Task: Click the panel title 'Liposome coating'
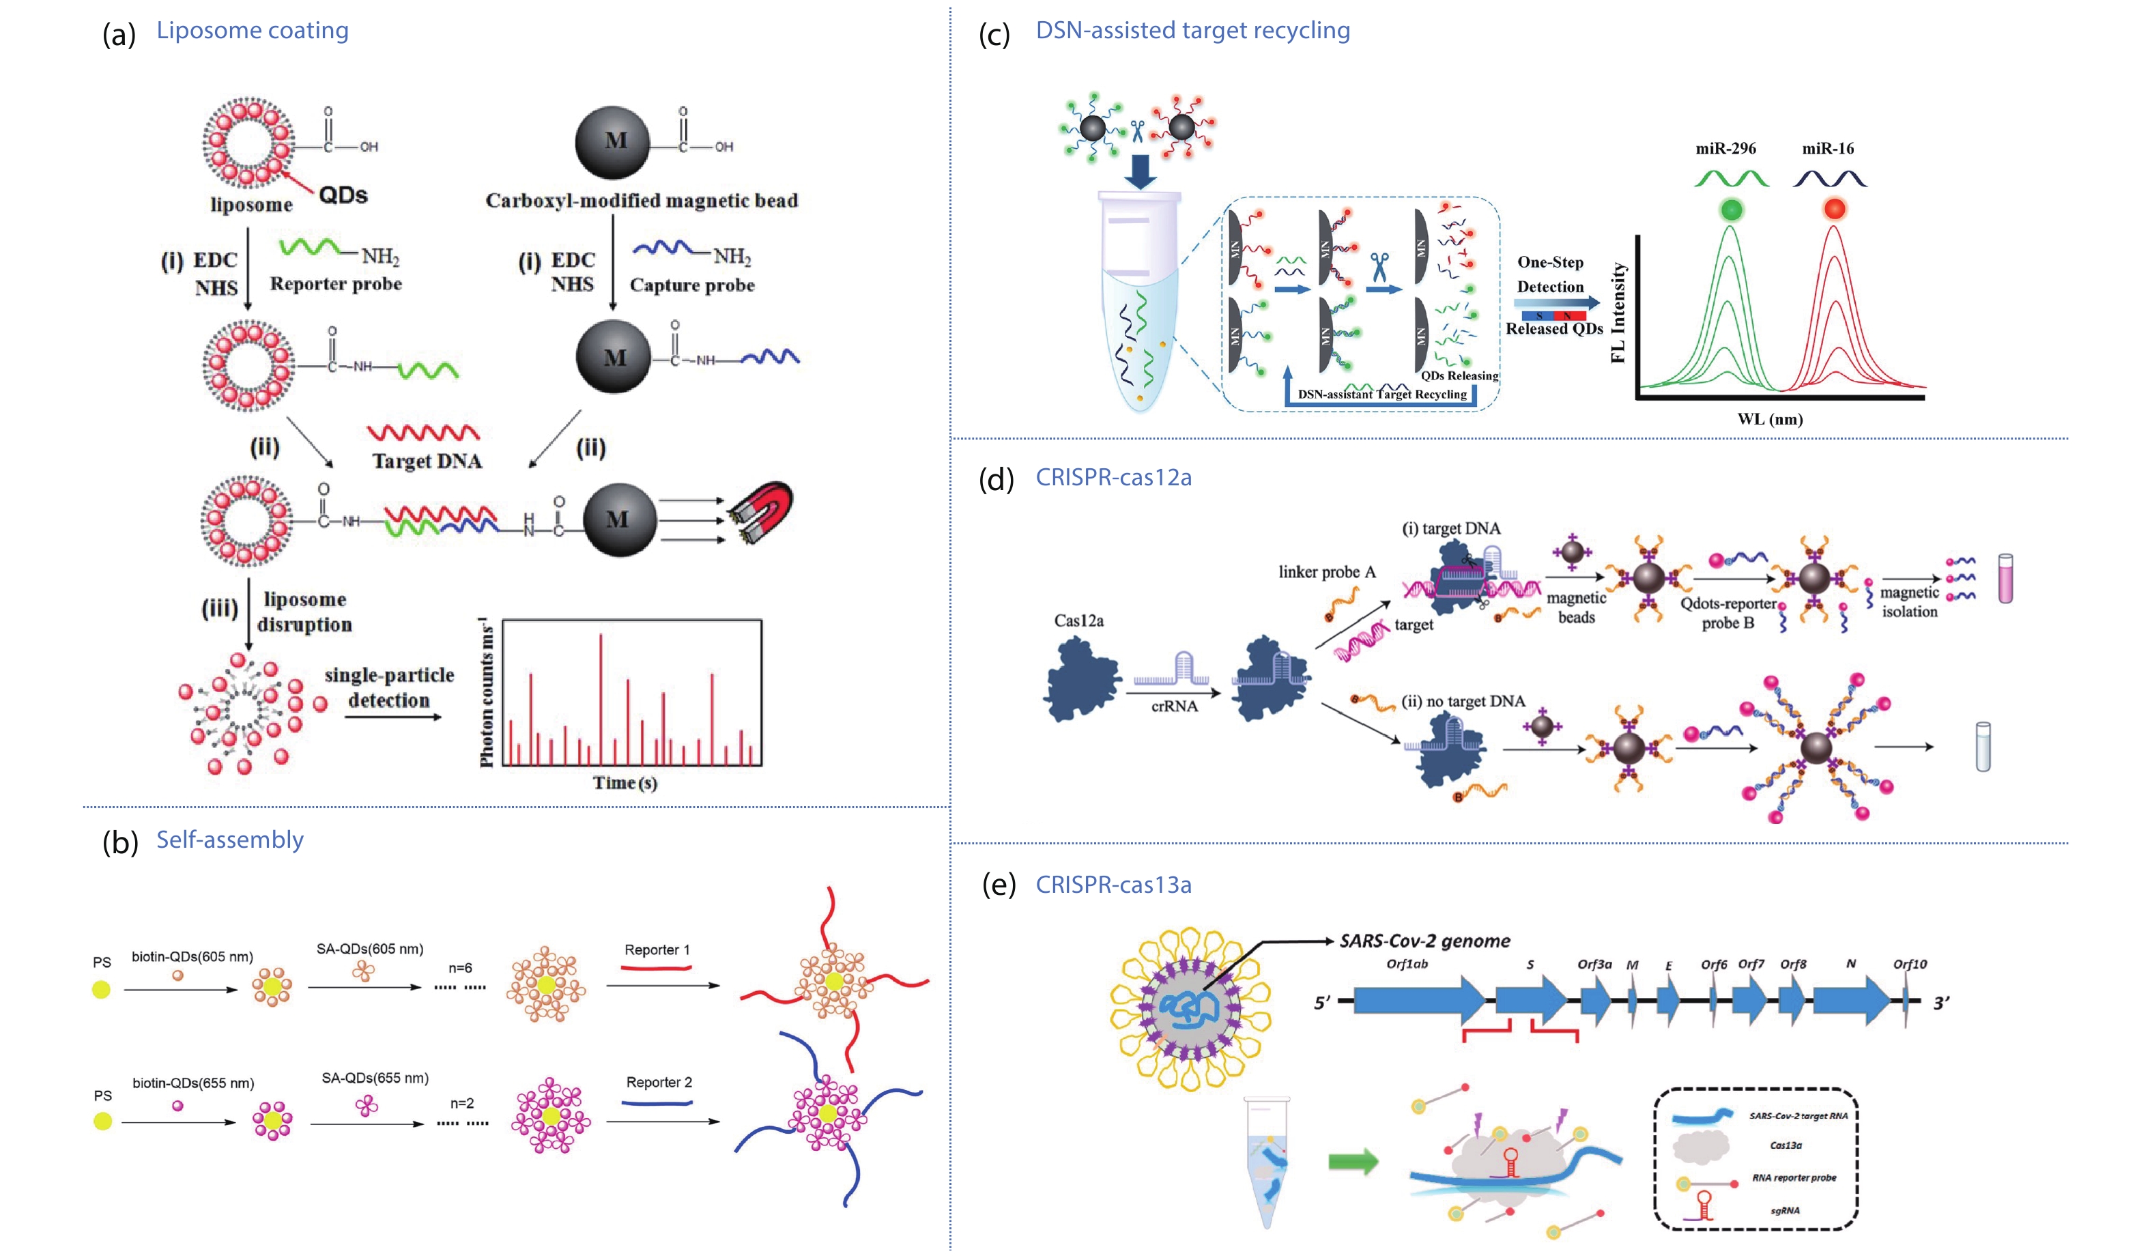tap(252, 31)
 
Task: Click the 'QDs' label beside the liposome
tap(343, 195)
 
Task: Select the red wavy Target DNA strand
tap(423, 432)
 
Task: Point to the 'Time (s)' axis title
tap(625, 783)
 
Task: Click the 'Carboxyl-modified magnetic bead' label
tap(642, 201)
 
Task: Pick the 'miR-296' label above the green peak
tap(1725, 149)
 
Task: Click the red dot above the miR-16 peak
tap(1835, 208)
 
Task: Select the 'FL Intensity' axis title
tap(1618, 313)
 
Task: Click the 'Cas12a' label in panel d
tap(1078, 620)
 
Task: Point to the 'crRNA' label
tap(1174, 706)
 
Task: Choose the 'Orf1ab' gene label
tap(1407, 964)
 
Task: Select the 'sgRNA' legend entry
tap(1784, 1210)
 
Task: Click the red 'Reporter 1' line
tap(655, 968)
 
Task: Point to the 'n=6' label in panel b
tap(460, 968)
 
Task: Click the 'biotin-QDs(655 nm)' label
tap(192, 1083)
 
